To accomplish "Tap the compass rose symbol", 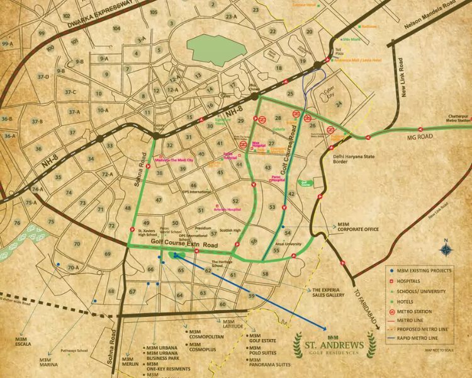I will pos(446,248).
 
